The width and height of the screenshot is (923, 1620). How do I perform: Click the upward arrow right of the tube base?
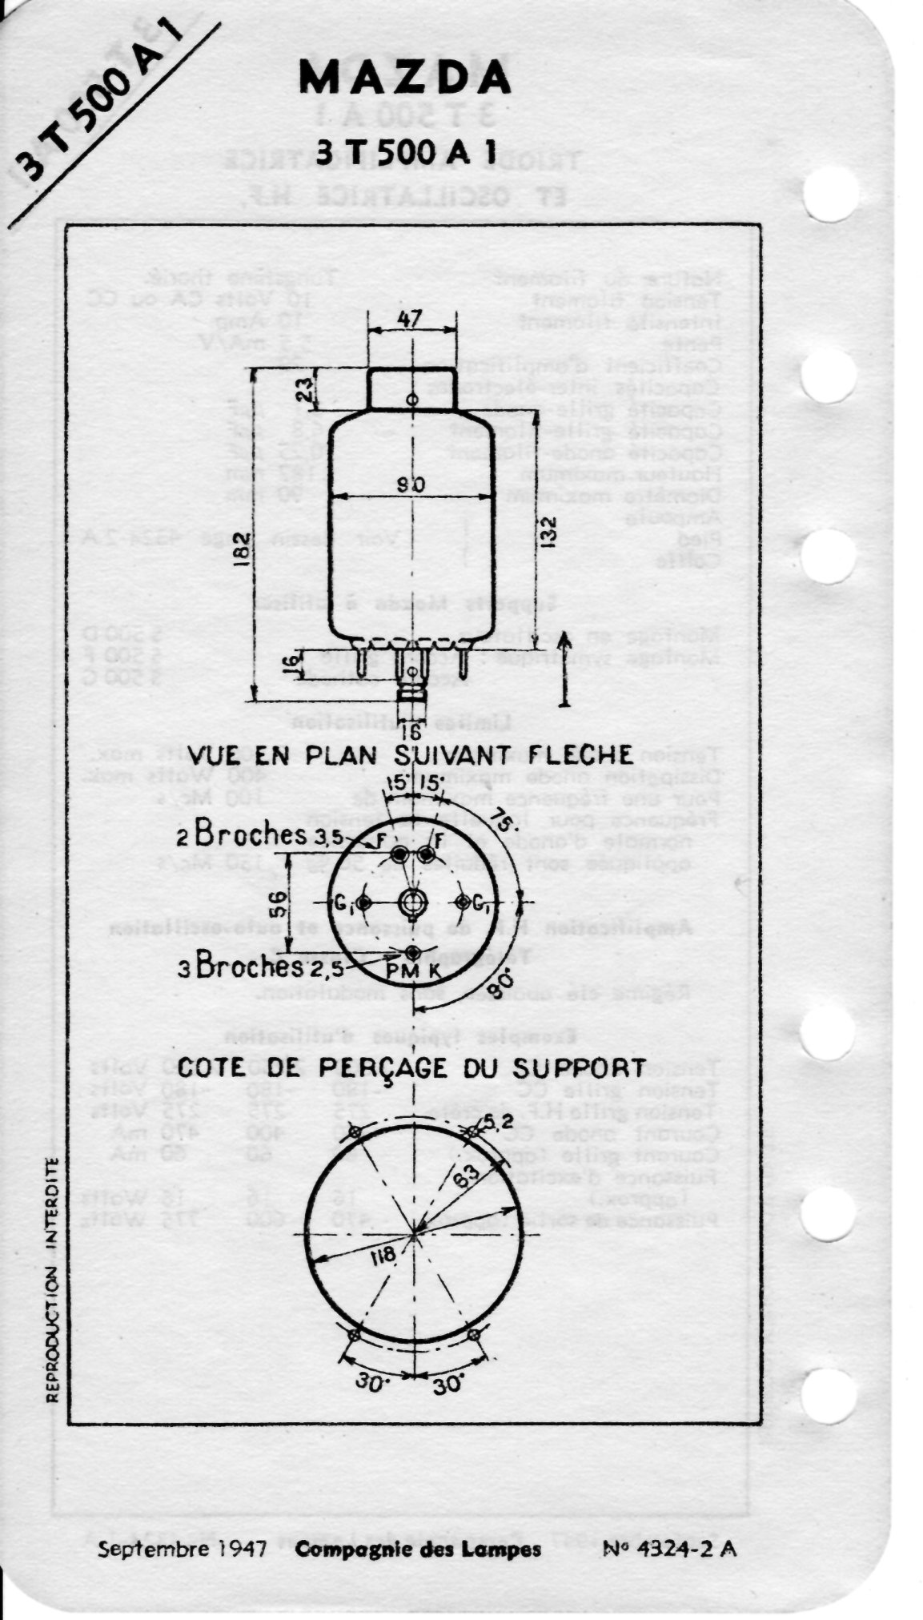pyautogui.click(x=564, y=668)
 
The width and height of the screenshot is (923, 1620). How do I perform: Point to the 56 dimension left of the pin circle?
pyautogui.click(x=276, y=904)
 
